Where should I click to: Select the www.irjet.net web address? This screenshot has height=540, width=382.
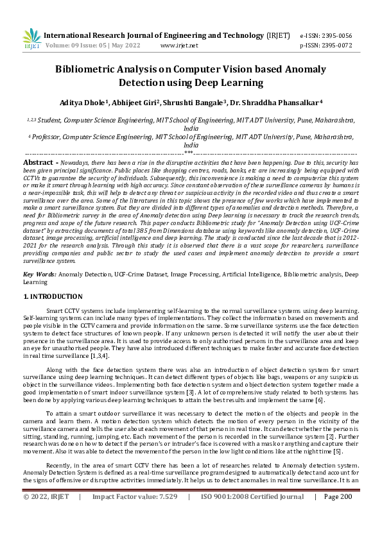pyautogui.click(x=179, y=46)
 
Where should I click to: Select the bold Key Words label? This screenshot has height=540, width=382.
pyautogui.click(x=39, y=274)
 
